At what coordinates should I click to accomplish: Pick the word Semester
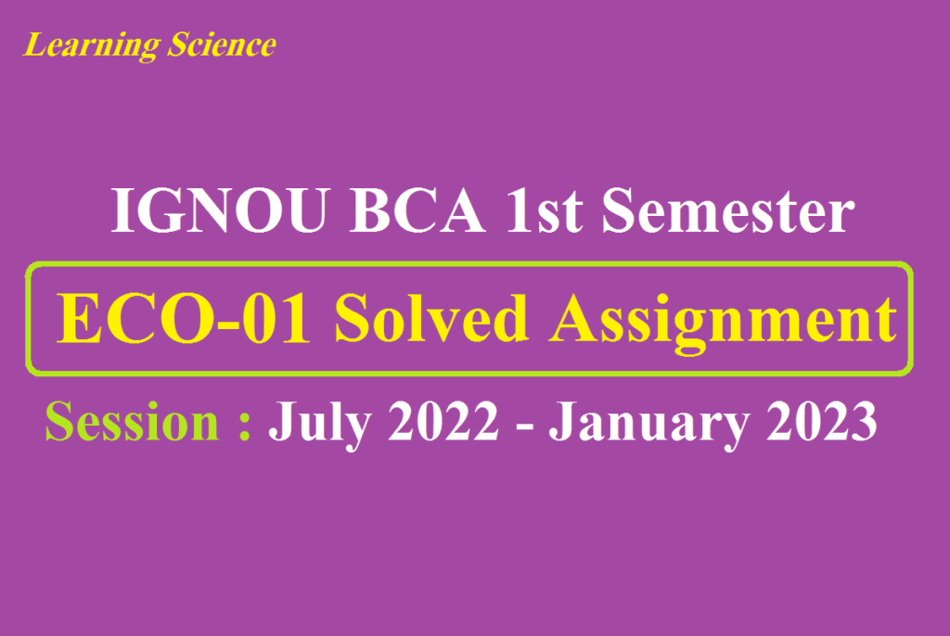click(x=727, y=212)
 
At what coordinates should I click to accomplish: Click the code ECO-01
click(x=184, y=320)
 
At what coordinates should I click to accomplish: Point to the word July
click(x=312, y=424)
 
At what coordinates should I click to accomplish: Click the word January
click(x=648, y=424)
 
